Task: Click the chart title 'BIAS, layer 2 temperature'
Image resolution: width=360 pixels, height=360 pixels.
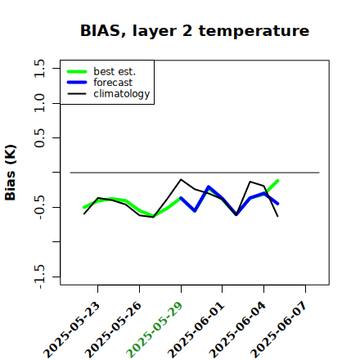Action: tap(195, 31)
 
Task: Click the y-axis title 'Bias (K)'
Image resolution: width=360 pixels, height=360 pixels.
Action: tap(11, 173)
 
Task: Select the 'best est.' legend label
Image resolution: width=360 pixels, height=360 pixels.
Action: tap(115, 71)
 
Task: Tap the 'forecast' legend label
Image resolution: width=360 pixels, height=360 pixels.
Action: tap(113, 83)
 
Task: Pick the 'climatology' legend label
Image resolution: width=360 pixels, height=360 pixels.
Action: tap(122, 94)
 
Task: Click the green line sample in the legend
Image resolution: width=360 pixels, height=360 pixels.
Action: tap(77, 71)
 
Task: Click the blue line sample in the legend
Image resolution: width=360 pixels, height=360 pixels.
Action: tap(77, 83)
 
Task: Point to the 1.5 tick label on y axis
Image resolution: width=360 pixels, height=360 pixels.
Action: tap(39, 68)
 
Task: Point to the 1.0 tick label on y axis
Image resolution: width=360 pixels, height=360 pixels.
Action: tap(39, 103)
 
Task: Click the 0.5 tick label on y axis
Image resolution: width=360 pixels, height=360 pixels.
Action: tap(39, 137)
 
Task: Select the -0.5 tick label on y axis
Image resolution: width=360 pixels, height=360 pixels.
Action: tap(39, 207)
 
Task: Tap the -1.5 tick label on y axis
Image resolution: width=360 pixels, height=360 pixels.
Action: tap(39, 277)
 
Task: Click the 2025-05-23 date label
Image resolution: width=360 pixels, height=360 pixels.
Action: tap(72, 330)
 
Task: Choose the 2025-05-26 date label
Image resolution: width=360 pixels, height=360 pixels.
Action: tap(114, 330)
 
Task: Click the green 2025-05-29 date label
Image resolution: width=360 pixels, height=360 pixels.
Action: tap(155, 330)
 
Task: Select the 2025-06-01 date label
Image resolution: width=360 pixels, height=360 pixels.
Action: tap(196, 330)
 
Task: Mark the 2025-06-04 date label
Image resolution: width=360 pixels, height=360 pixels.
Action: tap(238, 330)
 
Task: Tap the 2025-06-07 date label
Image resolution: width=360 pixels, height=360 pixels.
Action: tap(279, 330)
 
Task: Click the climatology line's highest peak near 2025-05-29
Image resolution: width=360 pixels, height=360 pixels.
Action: tap(181, 179)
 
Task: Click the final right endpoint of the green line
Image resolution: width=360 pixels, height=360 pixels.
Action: tap(277, 181)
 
